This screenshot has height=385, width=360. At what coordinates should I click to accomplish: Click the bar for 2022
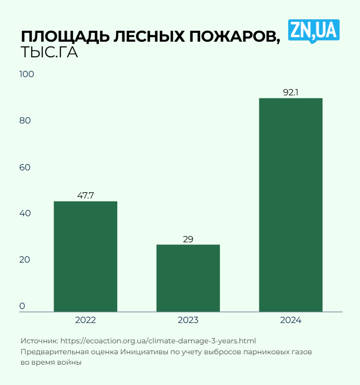85,256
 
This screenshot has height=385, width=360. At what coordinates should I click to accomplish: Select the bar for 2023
188,278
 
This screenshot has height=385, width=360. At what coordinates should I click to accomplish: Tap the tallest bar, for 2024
291,205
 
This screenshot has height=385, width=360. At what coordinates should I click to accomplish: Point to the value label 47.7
85,196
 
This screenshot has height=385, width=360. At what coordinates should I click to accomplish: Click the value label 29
188,239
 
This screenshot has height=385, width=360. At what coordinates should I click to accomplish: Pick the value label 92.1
291,93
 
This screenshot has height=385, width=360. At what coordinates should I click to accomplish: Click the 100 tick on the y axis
27,74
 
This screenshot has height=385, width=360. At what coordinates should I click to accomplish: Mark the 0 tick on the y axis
22,306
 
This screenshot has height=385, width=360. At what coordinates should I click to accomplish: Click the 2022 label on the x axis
85,320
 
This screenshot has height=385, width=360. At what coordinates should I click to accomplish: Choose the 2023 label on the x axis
188,320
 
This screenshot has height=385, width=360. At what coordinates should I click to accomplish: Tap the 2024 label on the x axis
291,320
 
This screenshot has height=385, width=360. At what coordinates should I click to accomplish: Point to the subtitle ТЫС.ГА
49,53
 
